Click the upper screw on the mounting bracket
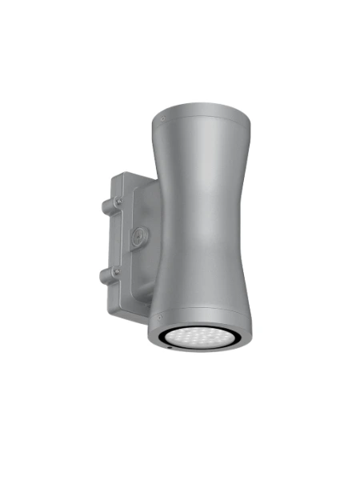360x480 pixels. point(119,202)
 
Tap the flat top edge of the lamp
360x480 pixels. point(200,102)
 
